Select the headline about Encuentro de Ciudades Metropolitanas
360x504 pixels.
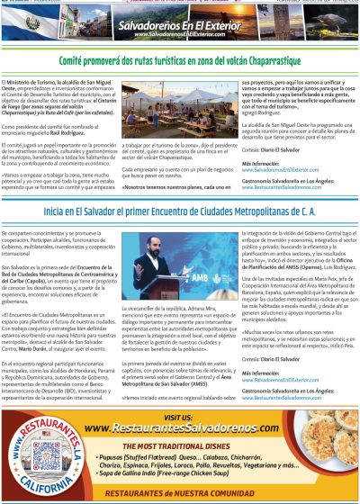180,211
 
